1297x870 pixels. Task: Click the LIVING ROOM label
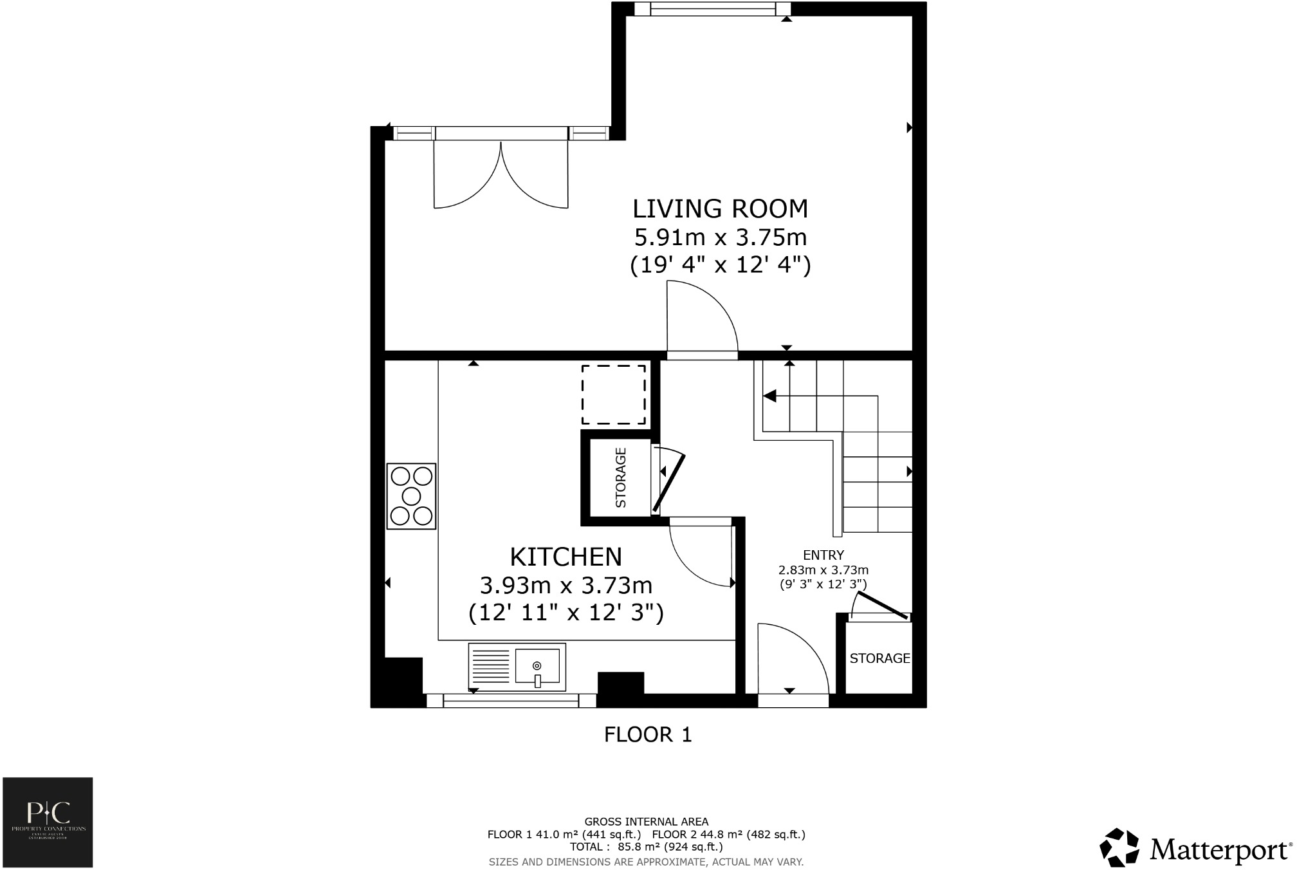(720, 209)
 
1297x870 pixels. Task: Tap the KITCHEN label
(566, 557)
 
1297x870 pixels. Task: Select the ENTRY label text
(823, 555)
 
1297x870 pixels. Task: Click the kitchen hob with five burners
(412, 496)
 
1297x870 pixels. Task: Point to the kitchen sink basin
(537, 666)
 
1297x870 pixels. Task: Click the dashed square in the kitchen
(614, 394)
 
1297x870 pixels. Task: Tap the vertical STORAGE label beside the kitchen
(621, 477)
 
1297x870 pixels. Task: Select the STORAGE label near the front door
(879, 658)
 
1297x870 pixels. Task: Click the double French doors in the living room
(501, 172)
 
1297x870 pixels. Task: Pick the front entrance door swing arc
(792, 660)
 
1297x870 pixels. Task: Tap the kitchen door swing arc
(701, 553)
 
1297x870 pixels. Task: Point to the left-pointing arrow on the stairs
(769, 396)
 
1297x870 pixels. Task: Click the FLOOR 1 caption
(648, 735)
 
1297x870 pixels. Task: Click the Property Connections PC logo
(48, 822)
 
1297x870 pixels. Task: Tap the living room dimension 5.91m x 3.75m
(720, 237)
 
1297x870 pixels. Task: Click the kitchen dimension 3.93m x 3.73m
(566, 586)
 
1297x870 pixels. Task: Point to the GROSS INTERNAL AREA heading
(646, 821)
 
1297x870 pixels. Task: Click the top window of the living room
(713, 9)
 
